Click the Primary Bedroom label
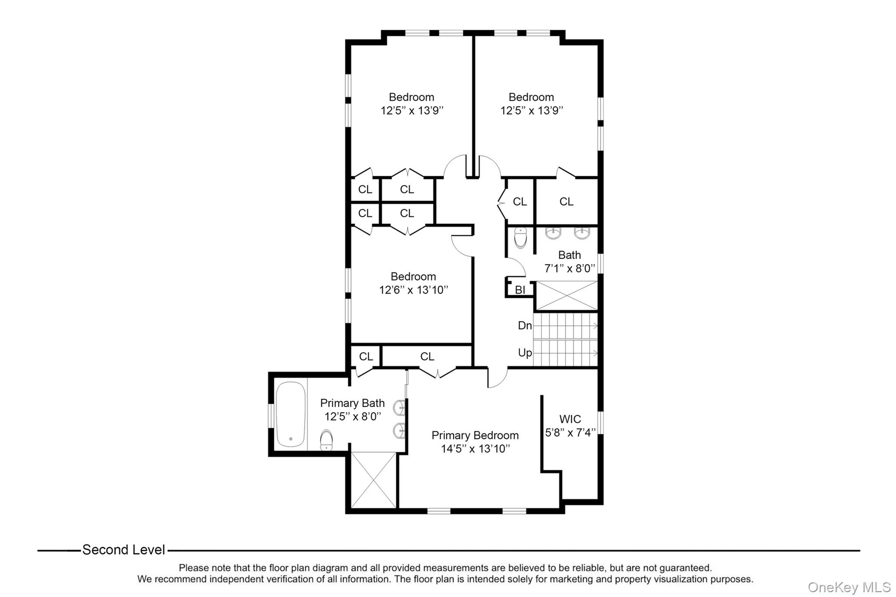475,436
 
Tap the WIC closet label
570,419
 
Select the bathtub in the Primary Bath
290,414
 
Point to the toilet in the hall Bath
521,237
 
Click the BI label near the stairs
520,290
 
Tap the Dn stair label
525,325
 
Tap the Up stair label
525,353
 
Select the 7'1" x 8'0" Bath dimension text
569,269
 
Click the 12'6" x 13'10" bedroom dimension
413,290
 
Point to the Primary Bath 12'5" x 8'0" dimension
353,416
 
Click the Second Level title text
124,550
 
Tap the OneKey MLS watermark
849,587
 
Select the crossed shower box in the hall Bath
567,296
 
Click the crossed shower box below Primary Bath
374,480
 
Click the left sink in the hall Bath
553,233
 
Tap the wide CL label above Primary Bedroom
427,356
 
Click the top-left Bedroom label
411,97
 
